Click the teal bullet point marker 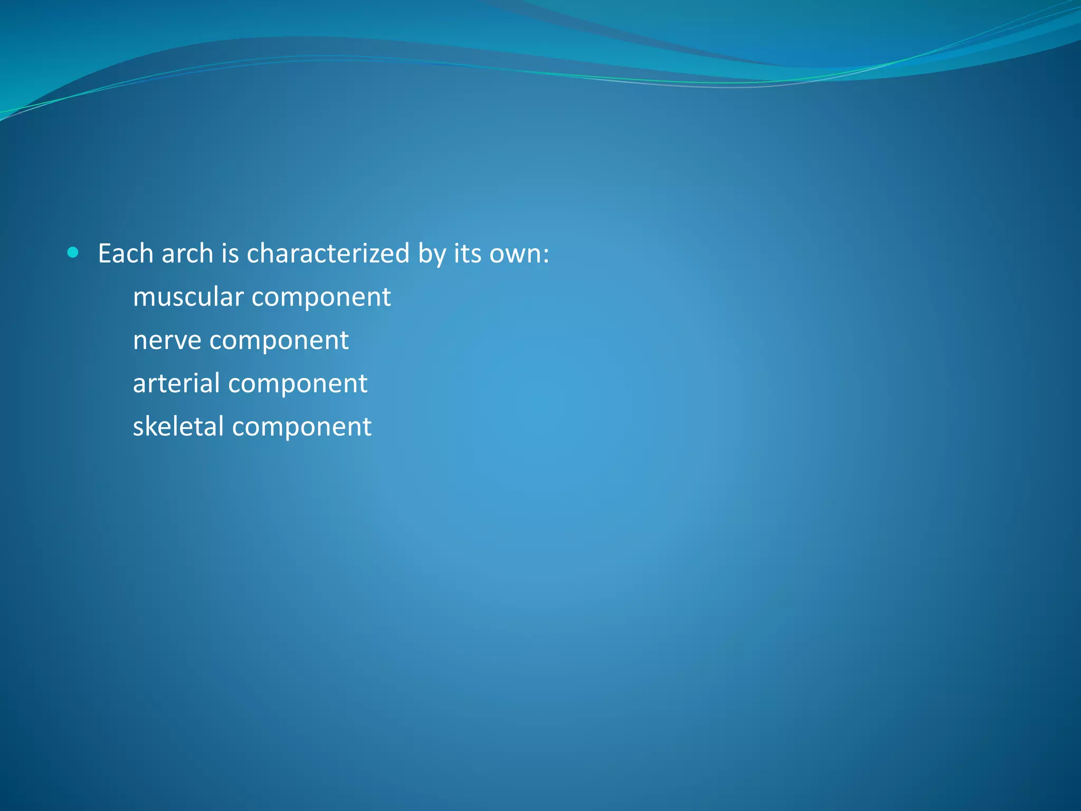pyautogui.click(x=73, y=253)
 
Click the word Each pyautogui.click(x=126, y=253)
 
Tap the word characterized pyautogui.click(x=328, y=253)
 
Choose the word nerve pyautogui.click(x=167, y=341)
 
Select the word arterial pyautogui.click(x=176, y=383)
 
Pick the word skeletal pyautogui.click(x=178, y=426)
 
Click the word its pyautogui.click(x=467, y=253)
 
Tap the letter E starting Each pyautogui.click(x=104, y=253)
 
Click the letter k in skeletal pyautogui.click(x=150, y=426)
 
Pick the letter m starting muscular pyautogui.click(x=144, y=298)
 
